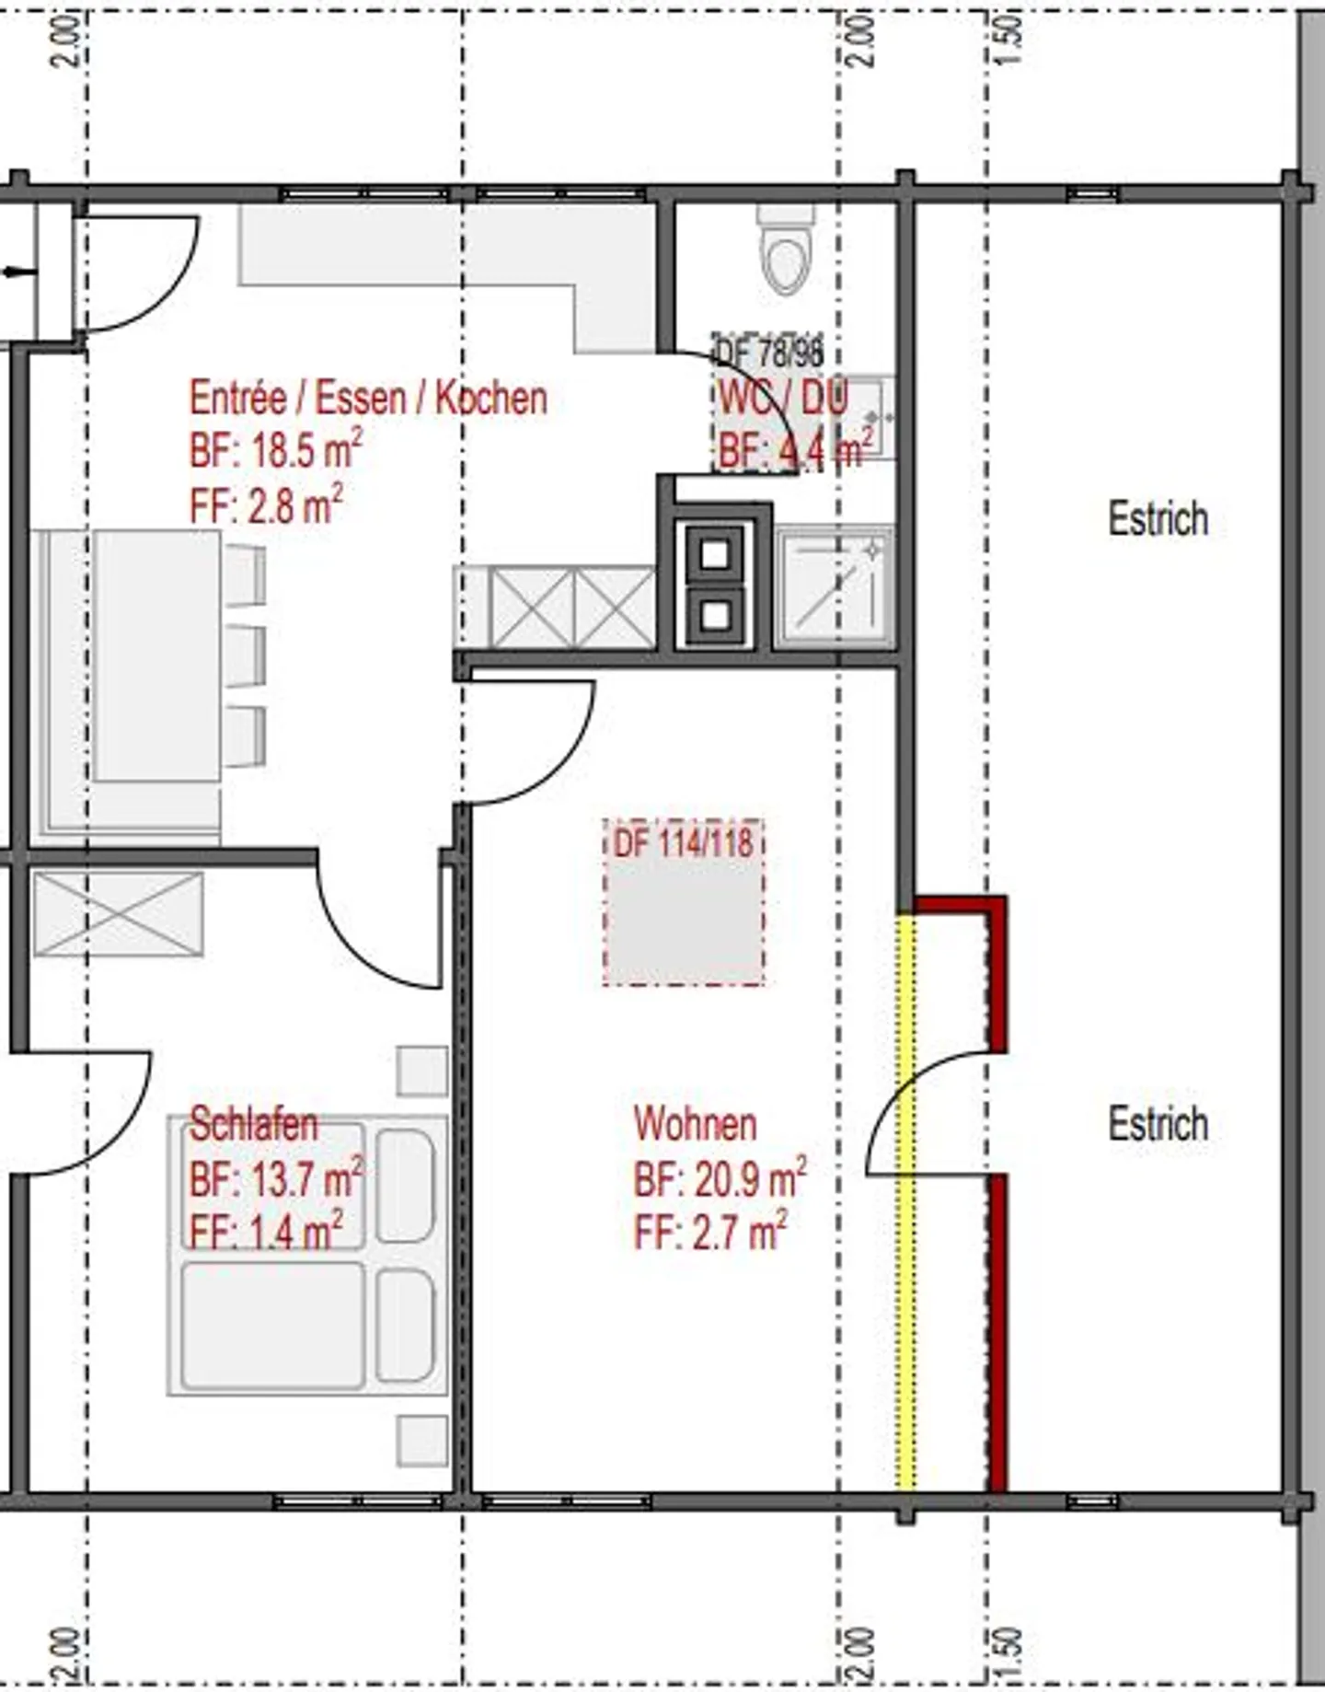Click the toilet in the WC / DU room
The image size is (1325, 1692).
788,253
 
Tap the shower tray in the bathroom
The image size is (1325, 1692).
834,587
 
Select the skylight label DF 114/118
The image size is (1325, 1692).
683,842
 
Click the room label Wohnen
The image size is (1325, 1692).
695,1125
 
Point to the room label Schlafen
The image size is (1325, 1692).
253,1125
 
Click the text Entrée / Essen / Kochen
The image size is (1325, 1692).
368,399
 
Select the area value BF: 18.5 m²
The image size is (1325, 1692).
275,452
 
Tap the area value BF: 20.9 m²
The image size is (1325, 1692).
720,1179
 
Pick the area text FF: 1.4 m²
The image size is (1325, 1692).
266,1232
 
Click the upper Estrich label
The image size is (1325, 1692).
1158,519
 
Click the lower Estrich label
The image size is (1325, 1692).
1158,1124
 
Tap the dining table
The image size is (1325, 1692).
157,655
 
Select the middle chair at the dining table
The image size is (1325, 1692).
245,655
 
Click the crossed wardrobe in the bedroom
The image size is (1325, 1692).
118,914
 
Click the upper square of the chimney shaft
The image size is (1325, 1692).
716,555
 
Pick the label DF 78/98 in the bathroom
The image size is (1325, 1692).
769,351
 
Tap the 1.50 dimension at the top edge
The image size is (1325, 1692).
1008,41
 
